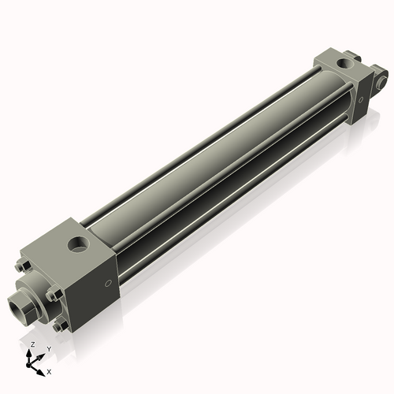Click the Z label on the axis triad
pos(32,345)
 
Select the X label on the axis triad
pos(49,370)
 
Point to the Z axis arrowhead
pos(31,353)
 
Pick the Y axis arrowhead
pos(41,355)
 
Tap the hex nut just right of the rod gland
pos(51,295)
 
